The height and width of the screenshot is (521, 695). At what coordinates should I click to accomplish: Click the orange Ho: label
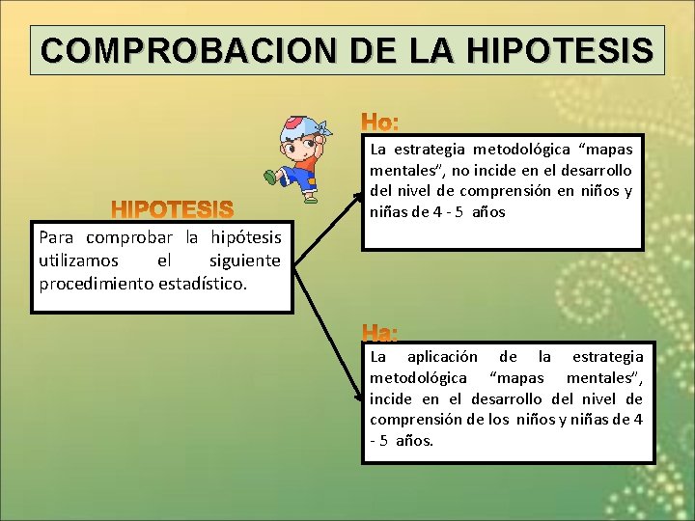pos(380,123)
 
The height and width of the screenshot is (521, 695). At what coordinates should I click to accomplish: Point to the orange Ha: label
pos(380,333)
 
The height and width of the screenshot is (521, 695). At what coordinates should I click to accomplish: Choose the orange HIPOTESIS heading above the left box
pos(173,209)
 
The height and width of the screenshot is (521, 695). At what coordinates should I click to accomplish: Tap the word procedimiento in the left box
pos(95,284)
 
